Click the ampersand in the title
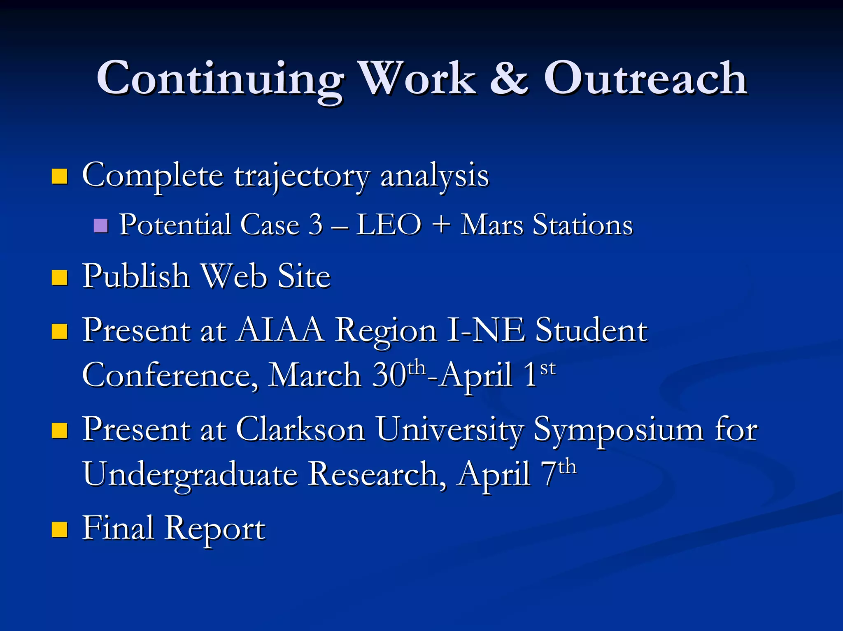(x=509, y=78)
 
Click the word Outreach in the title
(x=645, y=78)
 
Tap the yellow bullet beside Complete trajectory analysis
(x=60, y=176)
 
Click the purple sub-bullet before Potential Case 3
(x=100, y=226)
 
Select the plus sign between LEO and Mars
(x=441, y=225)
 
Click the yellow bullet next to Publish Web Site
(x=60, y=278)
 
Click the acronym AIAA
(x=281, y=330)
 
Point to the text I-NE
(x=486, y=330)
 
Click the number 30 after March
(x=389, y=375)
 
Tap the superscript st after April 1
(x=547, y=368)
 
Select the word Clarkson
(x=300, y=429)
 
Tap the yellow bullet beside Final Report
(x=60, y=530)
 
